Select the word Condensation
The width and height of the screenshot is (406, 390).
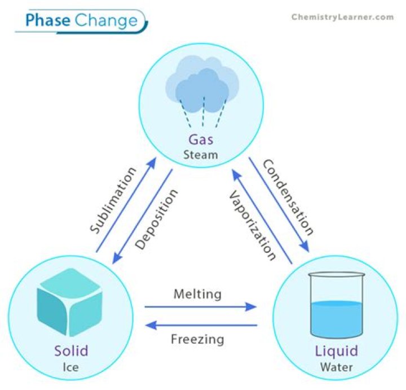(288, 197)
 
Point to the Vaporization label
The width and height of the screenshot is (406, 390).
(252, 225)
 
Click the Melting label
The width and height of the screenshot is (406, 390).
(197, 294)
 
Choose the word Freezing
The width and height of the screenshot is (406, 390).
(197, 340)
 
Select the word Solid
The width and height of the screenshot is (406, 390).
(70, 351)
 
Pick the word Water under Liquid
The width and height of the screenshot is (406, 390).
(336, 368)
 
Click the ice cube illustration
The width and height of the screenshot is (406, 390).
(69, 303)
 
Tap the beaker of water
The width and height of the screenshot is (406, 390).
(337, 307)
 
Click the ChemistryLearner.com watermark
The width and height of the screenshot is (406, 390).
(342, 17)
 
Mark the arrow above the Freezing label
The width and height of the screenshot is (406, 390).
(201, 325)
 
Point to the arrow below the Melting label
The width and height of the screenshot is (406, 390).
(201, 307)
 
